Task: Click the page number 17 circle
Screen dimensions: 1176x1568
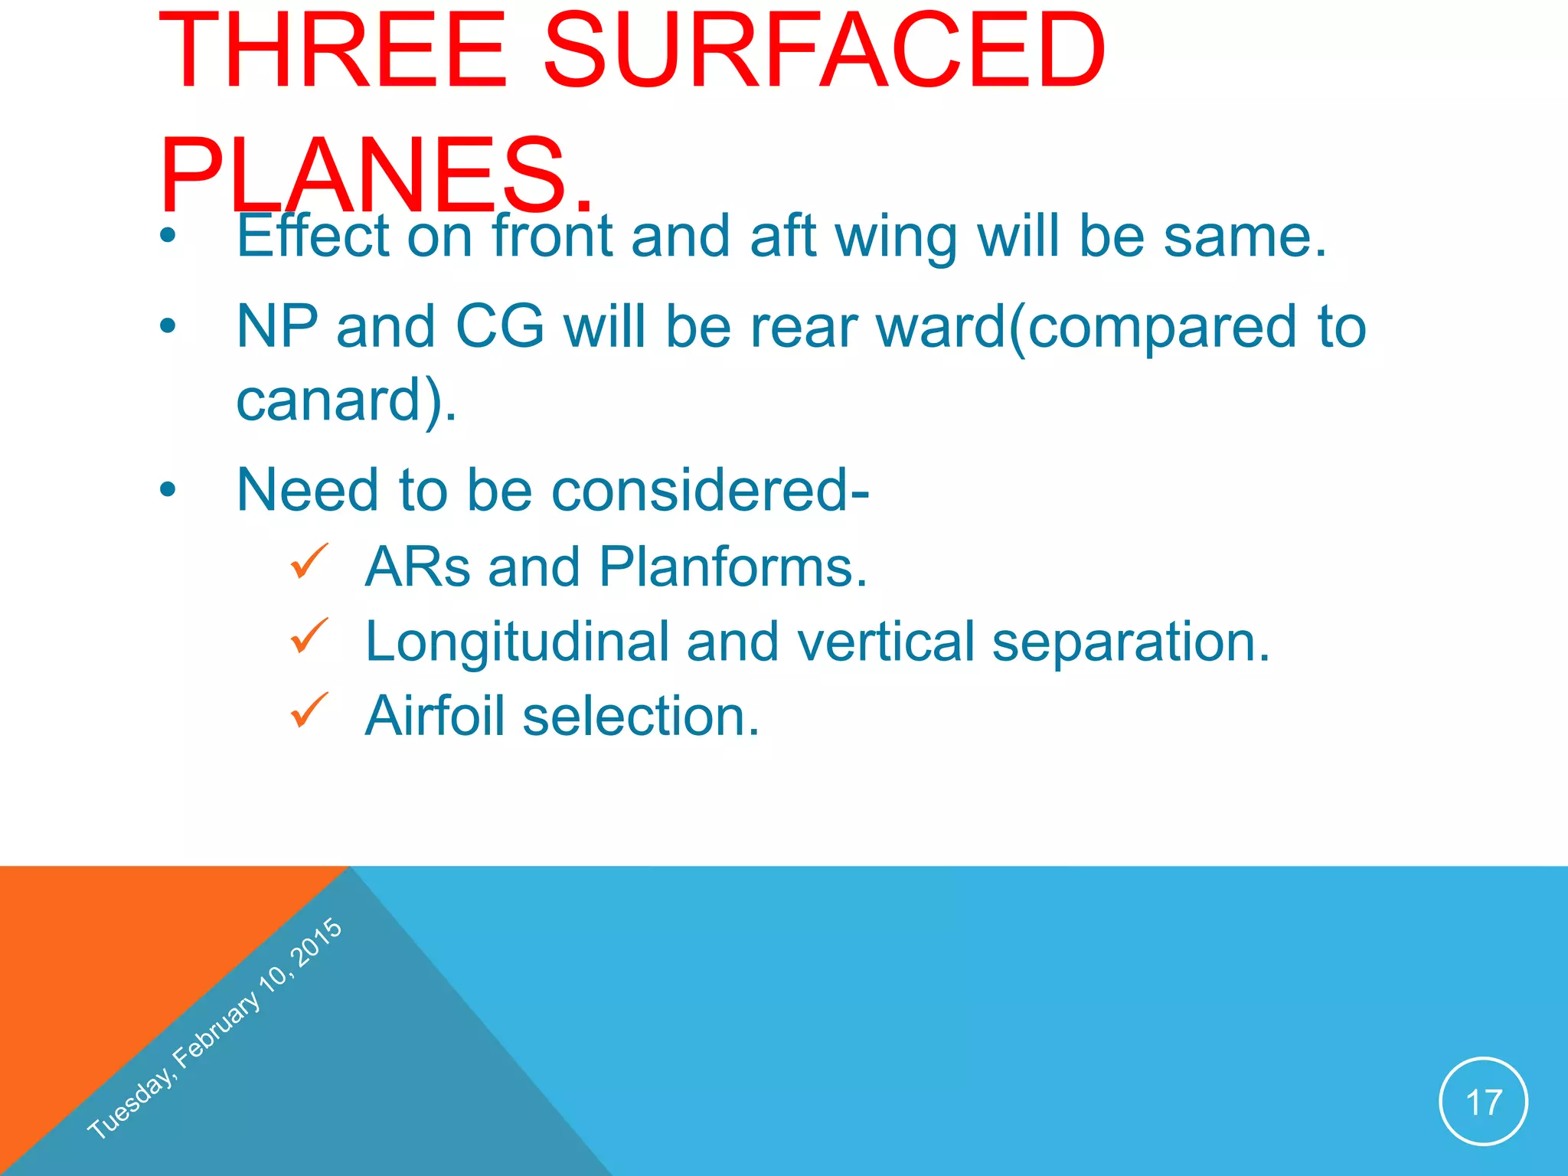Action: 1483,1102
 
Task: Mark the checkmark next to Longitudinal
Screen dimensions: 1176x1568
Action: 309,636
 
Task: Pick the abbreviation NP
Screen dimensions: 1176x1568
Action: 277,327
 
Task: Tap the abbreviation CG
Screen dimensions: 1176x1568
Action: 500,327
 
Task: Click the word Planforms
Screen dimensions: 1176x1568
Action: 733,567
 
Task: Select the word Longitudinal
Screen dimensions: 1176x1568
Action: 517,642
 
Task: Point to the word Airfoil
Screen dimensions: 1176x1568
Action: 434,716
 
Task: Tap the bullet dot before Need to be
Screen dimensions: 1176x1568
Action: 168,490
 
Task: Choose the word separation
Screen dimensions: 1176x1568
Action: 1131,642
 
